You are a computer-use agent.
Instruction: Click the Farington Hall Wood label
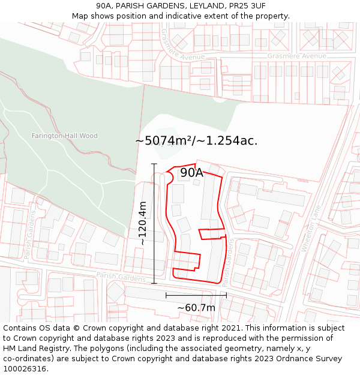tap(64, 136)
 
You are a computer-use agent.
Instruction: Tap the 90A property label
tap(191, 173)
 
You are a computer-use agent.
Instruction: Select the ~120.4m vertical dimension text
tap(143, 223)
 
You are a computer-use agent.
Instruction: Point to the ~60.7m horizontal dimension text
tap(196, 308)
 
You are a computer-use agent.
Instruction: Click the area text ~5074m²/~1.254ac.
tap(196, 141)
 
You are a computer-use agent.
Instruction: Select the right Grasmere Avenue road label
tap(296, 56)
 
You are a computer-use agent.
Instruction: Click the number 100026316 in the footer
tap(25, 369)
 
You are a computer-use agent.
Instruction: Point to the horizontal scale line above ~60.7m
tap(196, 295)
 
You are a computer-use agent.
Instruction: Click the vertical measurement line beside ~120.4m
tap(154, 223)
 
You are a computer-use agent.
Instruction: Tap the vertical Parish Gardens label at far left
tap(29, 234)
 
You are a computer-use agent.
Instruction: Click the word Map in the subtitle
tap(80, 16)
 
